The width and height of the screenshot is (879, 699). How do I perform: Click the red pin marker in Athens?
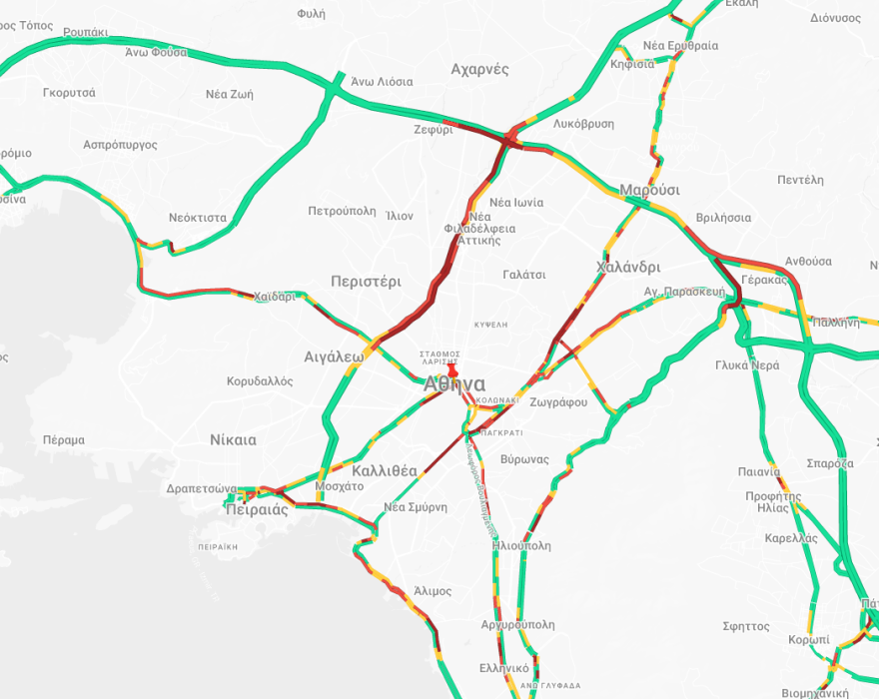pos(452,370)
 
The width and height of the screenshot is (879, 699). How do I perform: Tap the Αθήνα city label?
pos(454,385)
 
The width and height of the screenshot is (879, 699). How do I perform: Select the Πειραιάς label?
pos(258,509)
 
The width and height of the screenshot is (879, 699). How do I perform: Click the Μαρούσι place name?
pos(649,190)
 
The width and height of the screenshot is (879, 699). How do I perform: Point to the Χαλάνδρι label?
pos(628,267)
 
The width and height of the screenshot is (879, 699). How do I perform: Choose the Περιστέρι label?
pos(366,282)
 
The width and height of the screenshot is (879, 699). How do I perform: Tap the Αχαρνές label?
pos(479,69)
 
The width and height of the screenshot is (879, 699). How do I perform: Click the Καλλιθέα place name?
pos(385,470)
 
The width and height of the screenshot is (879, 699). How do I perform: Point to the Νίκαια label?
pos(233,439)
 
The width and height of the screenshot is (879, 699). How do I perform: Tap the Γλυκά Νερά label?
pos(747,364)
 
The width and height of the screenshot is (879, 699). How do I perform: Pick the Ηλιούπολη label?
pos(521,546)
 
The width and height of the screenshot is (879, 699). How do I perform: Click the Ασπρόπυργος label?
pos(120,145)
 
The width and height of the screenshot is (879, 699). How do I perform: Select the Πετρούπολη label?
pos(342,211)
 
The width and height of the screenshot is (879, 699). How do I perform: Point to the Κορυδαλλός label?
pos(260,381)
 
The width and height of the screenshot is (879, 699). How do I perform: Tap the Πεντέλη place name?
pos(800,180)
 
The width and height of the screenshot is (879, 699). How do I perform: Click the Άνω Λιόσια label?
pos(382,82)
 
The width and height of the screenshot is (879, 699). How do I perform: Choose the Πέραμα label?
pos(64,439)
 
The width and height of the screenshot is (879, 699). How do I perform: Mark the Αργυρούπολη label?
pos(517,624)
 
